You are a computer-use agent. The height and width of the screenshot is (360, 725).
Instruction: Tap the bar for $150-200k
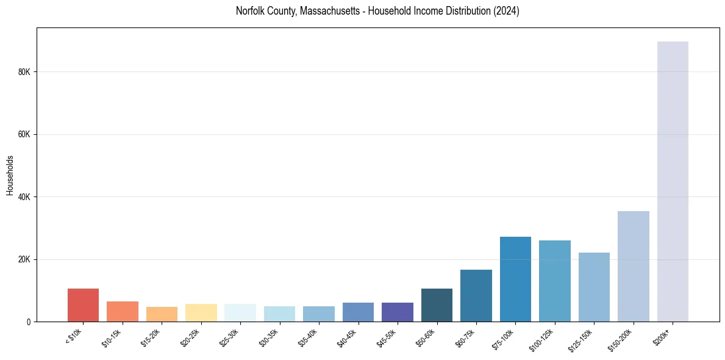[633, 267]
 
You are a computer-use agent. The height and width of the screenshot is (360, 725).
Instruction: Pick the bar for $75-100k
[515, 279]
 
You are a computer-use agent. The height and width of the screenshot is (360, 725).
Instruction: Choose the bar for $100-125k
[554, 281]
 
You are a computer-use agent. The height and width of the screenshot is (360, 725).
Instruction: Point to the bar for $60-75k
[476, 296]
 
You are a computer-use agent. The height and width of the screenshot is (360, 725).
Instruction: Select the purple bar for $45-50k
[398, 312]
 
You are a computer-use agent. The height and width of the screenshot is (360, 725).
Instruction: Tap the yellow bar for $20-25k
[201, 313]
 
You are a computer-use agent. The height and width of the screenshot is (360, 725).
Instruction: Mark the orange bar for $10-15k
[123, 312]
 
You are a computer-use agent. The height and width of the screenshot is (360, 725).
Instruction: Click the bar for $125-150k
[594, 287]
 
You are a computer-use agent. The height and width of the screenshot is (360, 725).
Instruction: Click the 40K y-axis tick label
[24, 197]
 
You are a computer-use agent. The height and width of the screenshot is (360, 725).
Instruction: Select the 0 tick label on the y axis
[28, 322]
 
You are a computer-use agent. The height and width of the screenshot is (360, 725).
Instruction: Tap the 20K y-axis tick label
[24, 260]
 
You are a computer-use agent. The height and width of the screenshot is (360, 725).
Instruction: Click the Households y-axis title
[10, 175]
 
